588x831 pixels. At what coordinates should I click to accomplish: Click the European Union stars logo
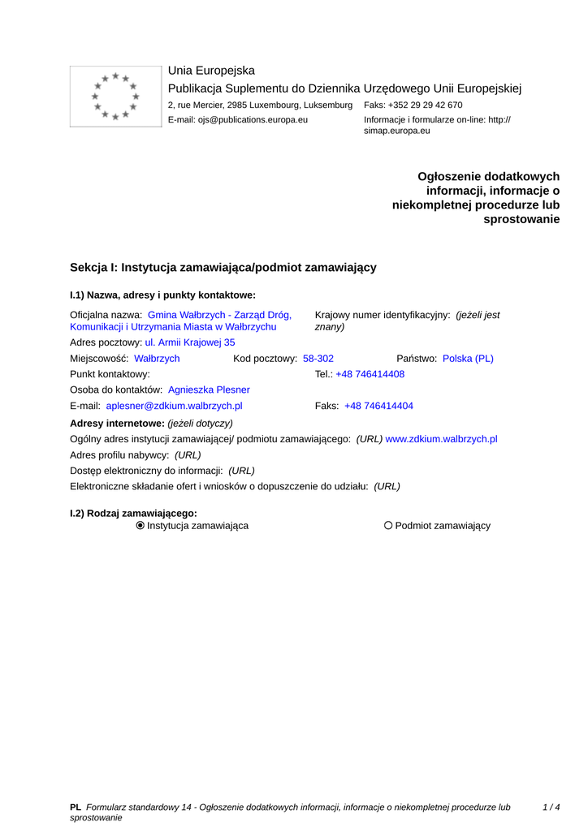click(x=115, y=97)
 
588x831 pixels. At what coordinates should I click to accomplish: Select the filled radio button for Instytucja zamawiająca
click(x=141, y=526)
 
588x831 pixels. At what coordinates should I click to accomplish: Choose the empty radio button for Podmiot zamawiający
click(x=388, y=526)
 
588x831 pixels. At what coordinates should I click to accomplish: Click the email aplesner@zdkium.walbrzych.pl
click(x=174, y=406)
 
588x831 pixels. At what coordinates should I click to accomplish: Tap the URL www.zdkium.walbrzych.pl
click(x=441, y=439)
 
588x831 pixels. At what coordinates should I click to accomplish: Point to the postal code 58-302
click(x=318, y=359)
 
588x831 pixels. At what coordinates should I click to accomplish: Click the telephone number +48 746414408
click(x=370, y=374)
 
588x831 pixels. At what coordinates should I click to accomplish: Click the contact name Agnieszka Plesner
click(x=209, y=390)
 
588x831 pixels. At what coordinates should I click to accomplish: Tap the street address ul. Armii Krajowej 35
click(x=190, y=342)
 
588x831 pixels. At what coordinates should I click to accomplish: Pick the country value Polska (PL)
click(x=468, y=359)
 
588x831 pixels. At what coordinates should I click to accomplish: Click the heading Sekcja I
click(x=223, y=268)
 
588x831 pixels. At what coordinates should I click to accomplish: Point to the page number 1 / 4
click(x=551, y=807)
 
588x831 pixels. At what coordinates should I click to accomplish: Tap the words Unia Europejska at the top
click(x=211, y=71)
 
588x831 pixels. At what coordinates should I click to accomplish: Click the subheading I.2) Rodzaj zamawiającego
click(x=134, y=513)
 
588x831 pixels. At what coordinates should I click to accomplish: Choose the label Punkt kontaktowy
click(x=110, y=374)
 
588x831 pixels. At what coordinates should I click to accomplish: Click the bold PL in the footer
click(x=76, y=807)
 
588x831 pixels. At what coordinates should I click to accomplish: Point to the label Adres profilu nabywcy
click(x=119, y=455)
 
